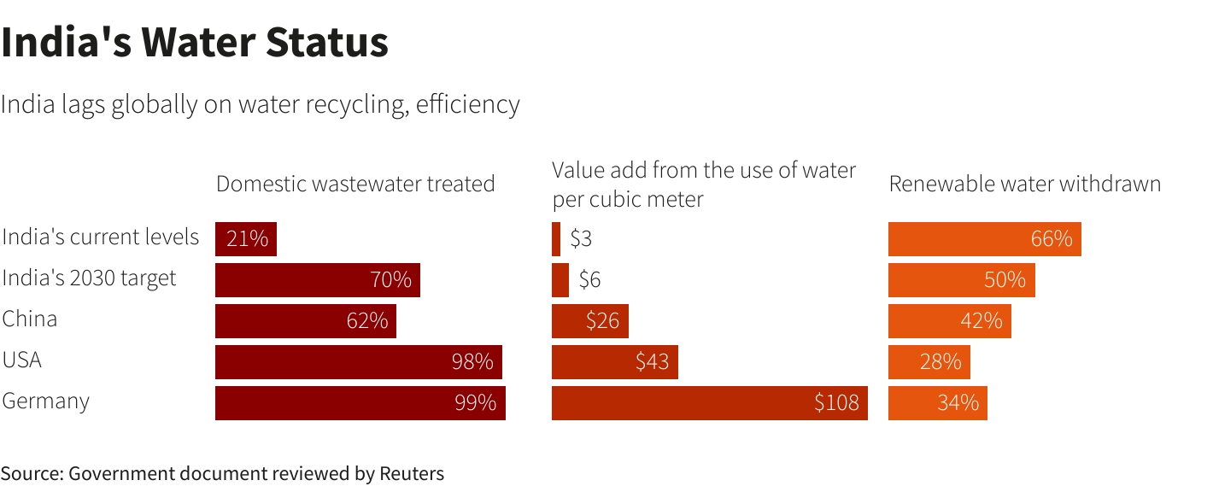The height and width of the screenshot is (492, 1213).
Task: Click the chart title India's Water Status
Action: pyautogui.click(x=195, y=43)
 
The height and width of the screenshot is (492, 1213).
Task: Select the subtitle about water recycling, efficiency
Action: pyautogui.click(x=260, y=104)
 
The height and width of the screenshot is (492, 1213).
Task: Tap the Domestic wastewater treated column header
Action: pyautogui.click(x=355, y=184)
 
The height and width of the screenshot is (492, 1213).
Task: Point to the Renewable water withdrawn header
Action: pyautogui.click(x=1024, y=184)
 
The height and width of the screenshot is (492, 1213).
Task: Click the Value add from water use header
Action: pyautogui.click(x=703, y=184)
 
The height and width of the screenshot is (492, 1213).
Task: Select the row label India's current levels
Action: pyautogui.click(x=101, y=237)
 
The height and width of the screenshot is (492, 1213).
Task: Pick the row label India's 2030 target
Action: pyautogui.click(x=89, y=278)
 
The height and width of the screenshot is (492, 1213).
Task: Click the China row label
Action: pyautogui.click(x=30, y=319)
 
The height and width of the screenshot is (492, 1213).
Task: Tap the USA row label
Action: pyautogui.click(x=22, y=360)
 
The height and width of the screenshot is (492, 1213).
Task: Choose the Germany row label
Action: pyautogui.click(x=46, y=401)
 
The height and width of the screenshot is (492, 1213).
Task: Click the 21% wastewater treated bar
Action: pyautogui.click(x=245, y=239)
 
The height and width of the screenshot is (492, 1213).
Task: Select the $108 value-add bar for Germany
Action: pyautogui.click(x=709, y=403)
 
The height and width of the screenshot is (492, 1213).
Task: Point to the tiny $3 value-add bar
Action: pyautogui.click(x=556, y=239)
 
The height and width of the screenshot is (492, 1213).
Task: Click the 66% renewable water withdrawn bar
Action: pyautogui.click(x=984, y=239)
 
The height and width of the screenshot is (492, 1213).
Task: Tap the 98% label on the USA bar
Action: pyautogui.click(x=472, y=362)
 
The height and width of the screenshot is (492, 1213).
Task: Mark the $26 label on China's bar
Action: pyautogui.click(x=602, y=321)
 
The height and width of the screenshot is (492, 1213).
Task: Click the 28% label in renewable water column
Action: pyautogui.click(x=941, y=362)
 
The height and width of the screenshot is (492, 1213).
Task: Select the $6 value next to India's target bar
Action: pyautogui.click(x=589, y=280)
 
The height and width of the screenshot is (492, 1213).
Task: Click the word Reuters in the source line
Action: pyautogui.click(x=412, y=473)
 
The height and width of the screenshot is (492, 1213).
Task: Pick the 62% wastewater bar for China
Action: pyautogui.click(x=305, y=321)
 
